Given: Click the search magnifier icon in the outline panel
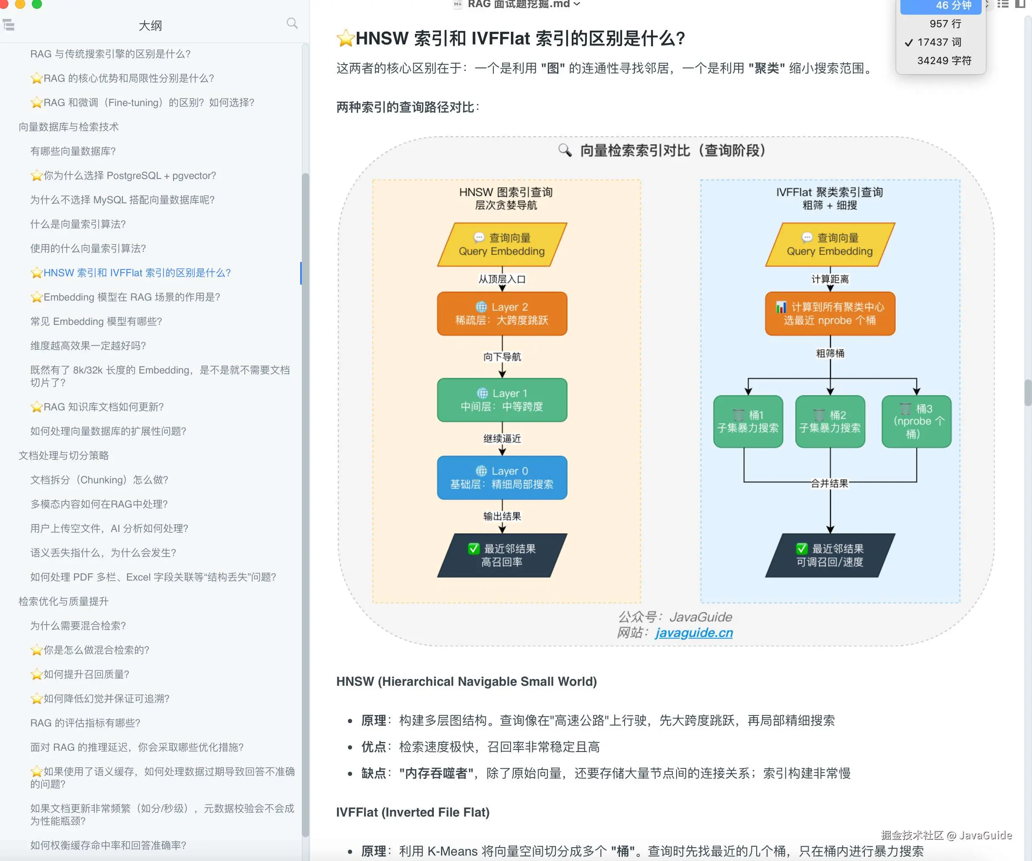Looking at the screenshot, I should (x=292, y=23).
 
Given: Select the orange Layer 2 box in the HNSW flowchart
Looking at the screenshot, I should (x=502, y=314).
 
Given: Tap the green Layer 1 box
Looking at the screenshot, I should (x=502, y=399).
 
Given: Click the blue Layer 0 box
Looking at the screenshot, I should (x=502, y=478).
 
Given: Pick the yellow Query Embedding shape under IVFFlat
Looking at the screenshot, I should (x=830, y=244).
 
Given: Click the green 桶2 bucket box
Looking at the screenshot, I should (x=830, y=421).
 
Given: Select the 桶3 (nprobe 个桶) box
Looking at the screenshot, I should (x=916, y=421).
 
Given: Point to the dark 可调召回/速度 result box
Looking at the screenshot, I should (x=830, y=555).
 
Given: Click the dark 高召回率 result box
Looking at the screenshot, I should (x=502, y=555).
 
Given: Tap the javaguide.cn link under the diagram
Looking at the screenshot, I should (x=694, y=633).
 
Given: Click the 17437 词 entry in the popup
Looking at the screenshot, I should (x=939, y=42).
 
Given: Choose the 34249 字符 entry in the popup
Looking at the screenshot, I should (x=944, y=60).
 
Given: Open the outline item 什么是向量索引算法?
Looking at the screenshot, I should (x=78, y=224).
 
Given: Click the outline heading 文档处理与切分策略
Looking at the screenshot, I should (x=64, y=456).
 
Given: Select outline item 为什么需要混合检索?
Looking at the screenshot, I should (x=78, y=625).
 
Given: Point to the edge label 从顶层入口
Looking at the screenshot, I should (x=502, y=279).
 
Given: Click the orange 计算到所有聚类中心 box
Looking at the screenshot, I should (x=830, y=314).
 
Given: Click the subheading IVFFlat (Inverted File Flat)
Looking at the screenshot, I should (x=413, y=812).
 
